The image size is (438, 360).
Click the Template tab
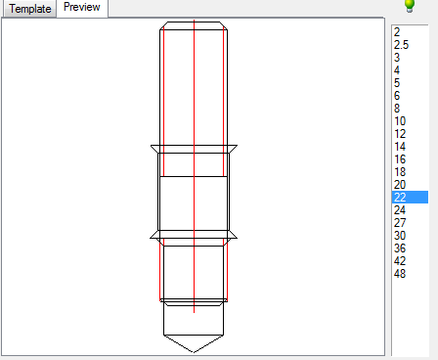[x=29, y=9]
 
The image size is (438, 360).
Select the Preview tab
[x=82, y=8]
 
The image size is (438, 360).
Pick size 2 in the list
[x=397, y=31]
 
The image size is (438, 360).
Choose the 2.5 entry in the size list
[x=400, y=44]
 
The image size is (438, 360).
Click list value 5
[x=397, y=82]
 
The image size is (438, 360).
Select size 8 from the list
[x=397, y=108]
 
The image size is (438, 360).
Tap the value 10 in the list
[x=399, y=120]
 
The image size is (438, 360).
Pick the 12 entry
[x=399, y=133]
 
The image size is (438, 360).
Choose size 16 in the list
[x=399, y=158]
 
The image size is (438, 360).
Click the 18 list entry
[x=399, y=171]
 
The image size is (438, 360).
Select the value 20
[x=399, y=184]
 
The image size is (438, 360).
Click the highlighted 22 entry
[x=400, y=197]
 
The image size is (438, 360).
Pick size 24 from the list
[x=399, y=209]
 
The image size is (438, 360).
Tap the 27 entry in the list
[x=399, y=222]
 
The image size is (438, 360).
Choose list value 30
[x=399, y=235]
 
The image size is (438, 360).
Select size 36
[x=399, y=247]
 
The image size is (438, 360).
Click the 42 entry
[x=399, y=260]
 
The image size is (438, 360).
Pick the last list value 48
[x=399, y=273]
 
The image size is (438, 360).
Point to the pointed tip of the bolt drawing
[x=195, y=351]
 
